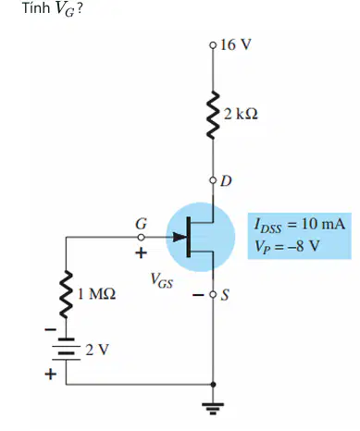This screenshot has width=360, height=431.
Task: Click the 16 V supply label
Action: pyautogui.click(x=236, y=44)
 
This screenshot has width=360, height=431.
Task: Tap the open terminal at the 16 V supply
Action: pyautogui.click(x=213, y=45)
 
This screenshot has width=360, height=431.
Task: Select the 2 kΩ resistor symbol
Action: pyautogui.click(x=213, y=115)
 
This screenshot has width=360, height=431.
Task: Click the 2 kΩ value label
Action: pyautogui.click(x=241, y=114)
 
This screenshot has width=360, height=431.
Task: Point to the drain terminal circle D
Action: pyautogui.click(x=213, y=180)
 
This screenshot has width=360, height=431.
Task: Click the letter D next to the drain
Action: pyautogui.click(x=226, y=181)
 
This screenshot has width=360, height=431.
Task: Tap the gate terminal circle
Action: pyautogui.click(x=141, y=238)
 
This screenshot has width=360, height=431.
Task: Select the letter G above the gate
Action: pyautogui.click(x=141, y=224)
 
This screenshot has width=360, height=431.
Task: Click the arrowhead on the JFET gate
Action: pyautogui.click(x=180, y=237)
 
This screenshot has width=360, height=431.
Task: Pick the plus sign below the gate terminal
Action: pyautogui.click(x=141, y=253)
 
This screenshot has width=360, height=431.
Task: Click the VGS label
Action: pyautogui.click(x=162, y=280)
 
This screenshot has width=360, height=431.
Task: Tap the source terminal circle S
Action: pyautogui.click(x=213, y=295)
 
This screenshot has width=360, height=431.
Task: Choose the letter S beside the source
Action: pyautogui.click(x=225, y=295)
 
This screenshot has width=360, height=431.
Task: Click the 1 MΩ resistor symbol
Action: pyautogui.click(x=66, y=294)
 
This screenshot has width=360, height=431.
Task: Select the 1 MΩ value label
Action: pyautogui.click(x=96, y=294)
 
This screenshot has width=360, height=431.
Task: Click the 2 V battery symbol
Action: pyautogui.click(x=66, y=350)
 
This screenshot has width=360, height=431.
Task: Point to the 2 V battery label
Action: pyautogui.click(x=97, y=350)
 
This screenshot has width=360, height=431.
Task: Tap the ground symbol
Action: pyautogui.click(x=213, y=408)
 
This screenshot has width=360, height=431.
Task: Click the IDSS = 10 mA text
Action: pyautogui.click(x=299, y=225)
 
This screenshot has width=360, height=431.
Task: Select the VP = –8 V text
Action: pyautogui.click(x=286, y=246)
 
